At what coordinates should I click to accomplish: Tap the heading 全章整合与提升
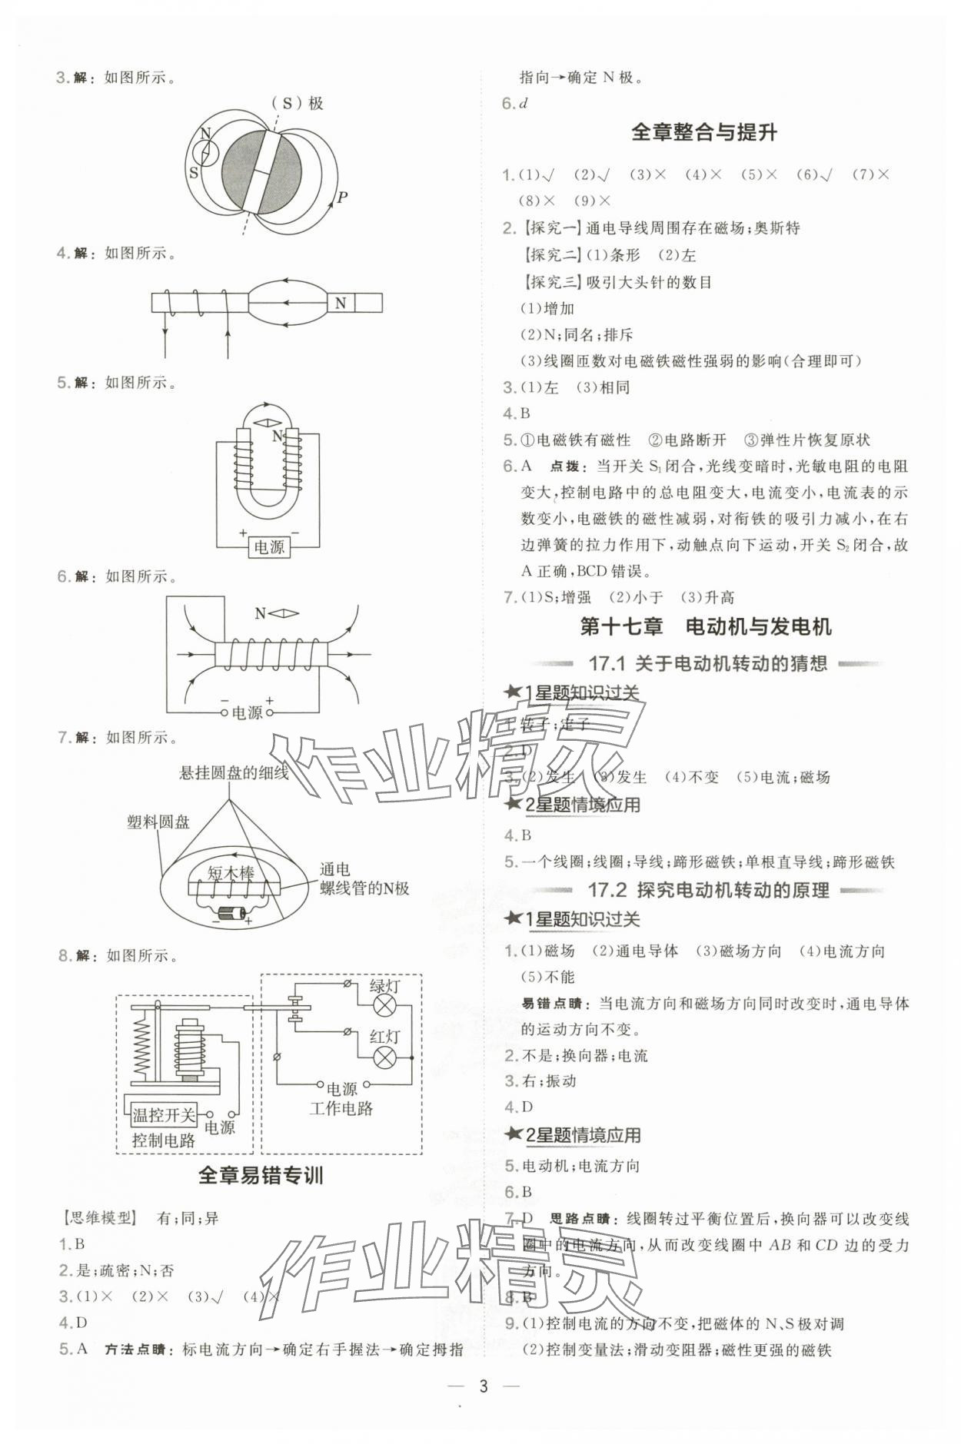click(703, 132)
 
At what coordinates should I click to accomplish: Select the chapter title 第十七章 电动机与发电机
click(705, 627)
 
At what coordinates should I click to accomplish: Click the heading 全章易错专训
click(261, 1175)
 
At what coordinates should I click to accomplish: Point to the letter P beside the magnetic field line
click(343, 198)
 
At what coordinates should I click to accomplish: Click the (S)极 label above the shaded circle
click(297, 103)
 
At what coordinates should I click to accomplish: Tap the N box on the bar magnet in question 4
click(341, 304)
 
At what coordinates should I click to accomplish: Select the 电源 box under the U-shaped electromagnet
click(268, 547)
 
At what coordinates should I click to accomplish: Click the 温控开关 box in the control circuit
click(163, 1114)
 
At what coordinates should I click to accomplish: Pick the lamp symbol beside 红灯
click(384, 1058)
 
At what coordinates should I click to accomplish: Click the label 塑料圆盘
click(158, 822)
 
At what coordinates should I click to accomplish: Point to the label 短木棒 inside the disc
click(231, 873)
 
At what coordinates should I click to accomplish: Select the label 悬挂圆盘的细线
click(234, 773)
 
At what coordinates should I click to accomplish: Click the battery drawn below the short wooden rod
click(231, 914)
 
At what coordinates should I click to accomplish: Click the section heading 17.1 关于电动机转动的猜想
click(707, 663)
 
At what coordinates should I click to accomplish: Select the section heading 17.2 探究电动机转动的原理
click(708, 890)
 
